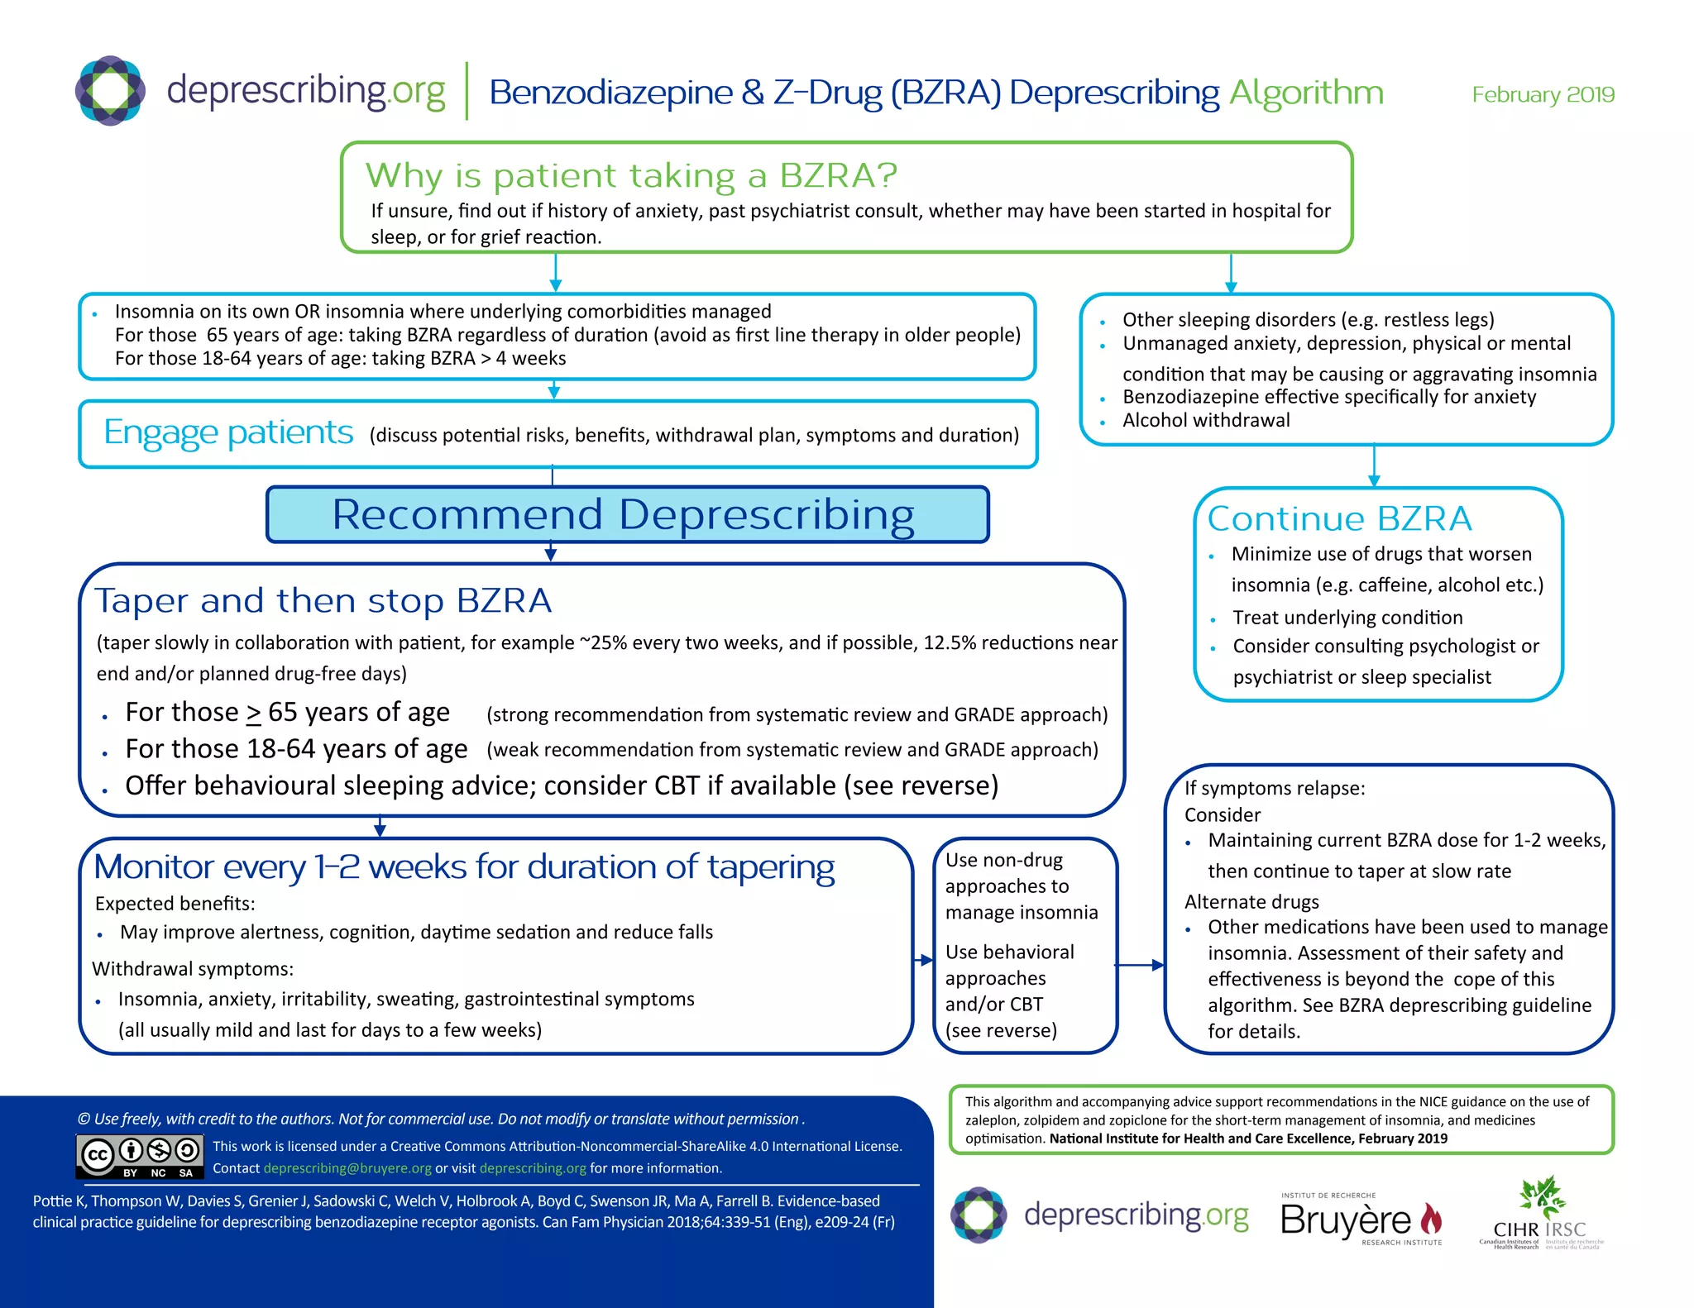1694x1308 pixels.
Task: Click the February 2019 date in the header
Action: [x=1543, y=94]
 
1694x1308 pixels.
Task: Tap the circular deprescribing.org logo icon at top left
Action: [x=110, y=90]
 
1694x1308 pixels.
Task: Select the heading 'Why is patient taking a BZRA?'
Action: [x=631, y=175]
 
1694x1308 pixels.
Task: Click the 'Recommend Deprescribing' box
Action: [x=627, y=514]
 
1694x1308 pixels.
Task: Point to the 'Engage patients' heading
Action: [x=228, y=432]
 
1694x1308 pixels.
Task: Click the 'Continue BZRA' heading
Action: [x=1339, y=518]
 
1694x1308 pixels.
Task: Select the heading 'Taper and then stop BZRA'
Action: [x=323, y=600]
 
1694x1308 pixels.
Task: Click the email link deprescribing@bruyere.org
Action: [x=347, y=1168]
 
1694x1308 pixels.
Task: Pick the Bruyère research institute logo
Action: [x=1361, y=1219]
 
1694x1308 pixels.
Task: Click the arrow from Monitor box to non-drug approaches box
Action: [x=923, y=960]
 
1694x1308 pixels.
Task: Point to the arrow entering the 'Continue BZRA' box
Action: [x=1374, y=467]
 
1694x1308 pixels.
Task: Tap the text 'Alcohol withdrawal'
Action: [x=1206, y=420]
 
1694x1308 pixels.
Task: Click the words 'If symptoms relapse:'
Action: [x=1275, y=788]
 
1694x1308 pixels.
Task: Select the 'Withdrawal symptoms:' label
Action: [x=193, y=968]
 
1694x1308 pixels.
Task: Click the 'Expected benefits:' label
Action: [x=175, y=904]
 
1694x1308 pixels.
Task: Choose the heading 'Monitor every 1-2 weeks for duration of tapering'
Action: [x=464, y=866]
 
